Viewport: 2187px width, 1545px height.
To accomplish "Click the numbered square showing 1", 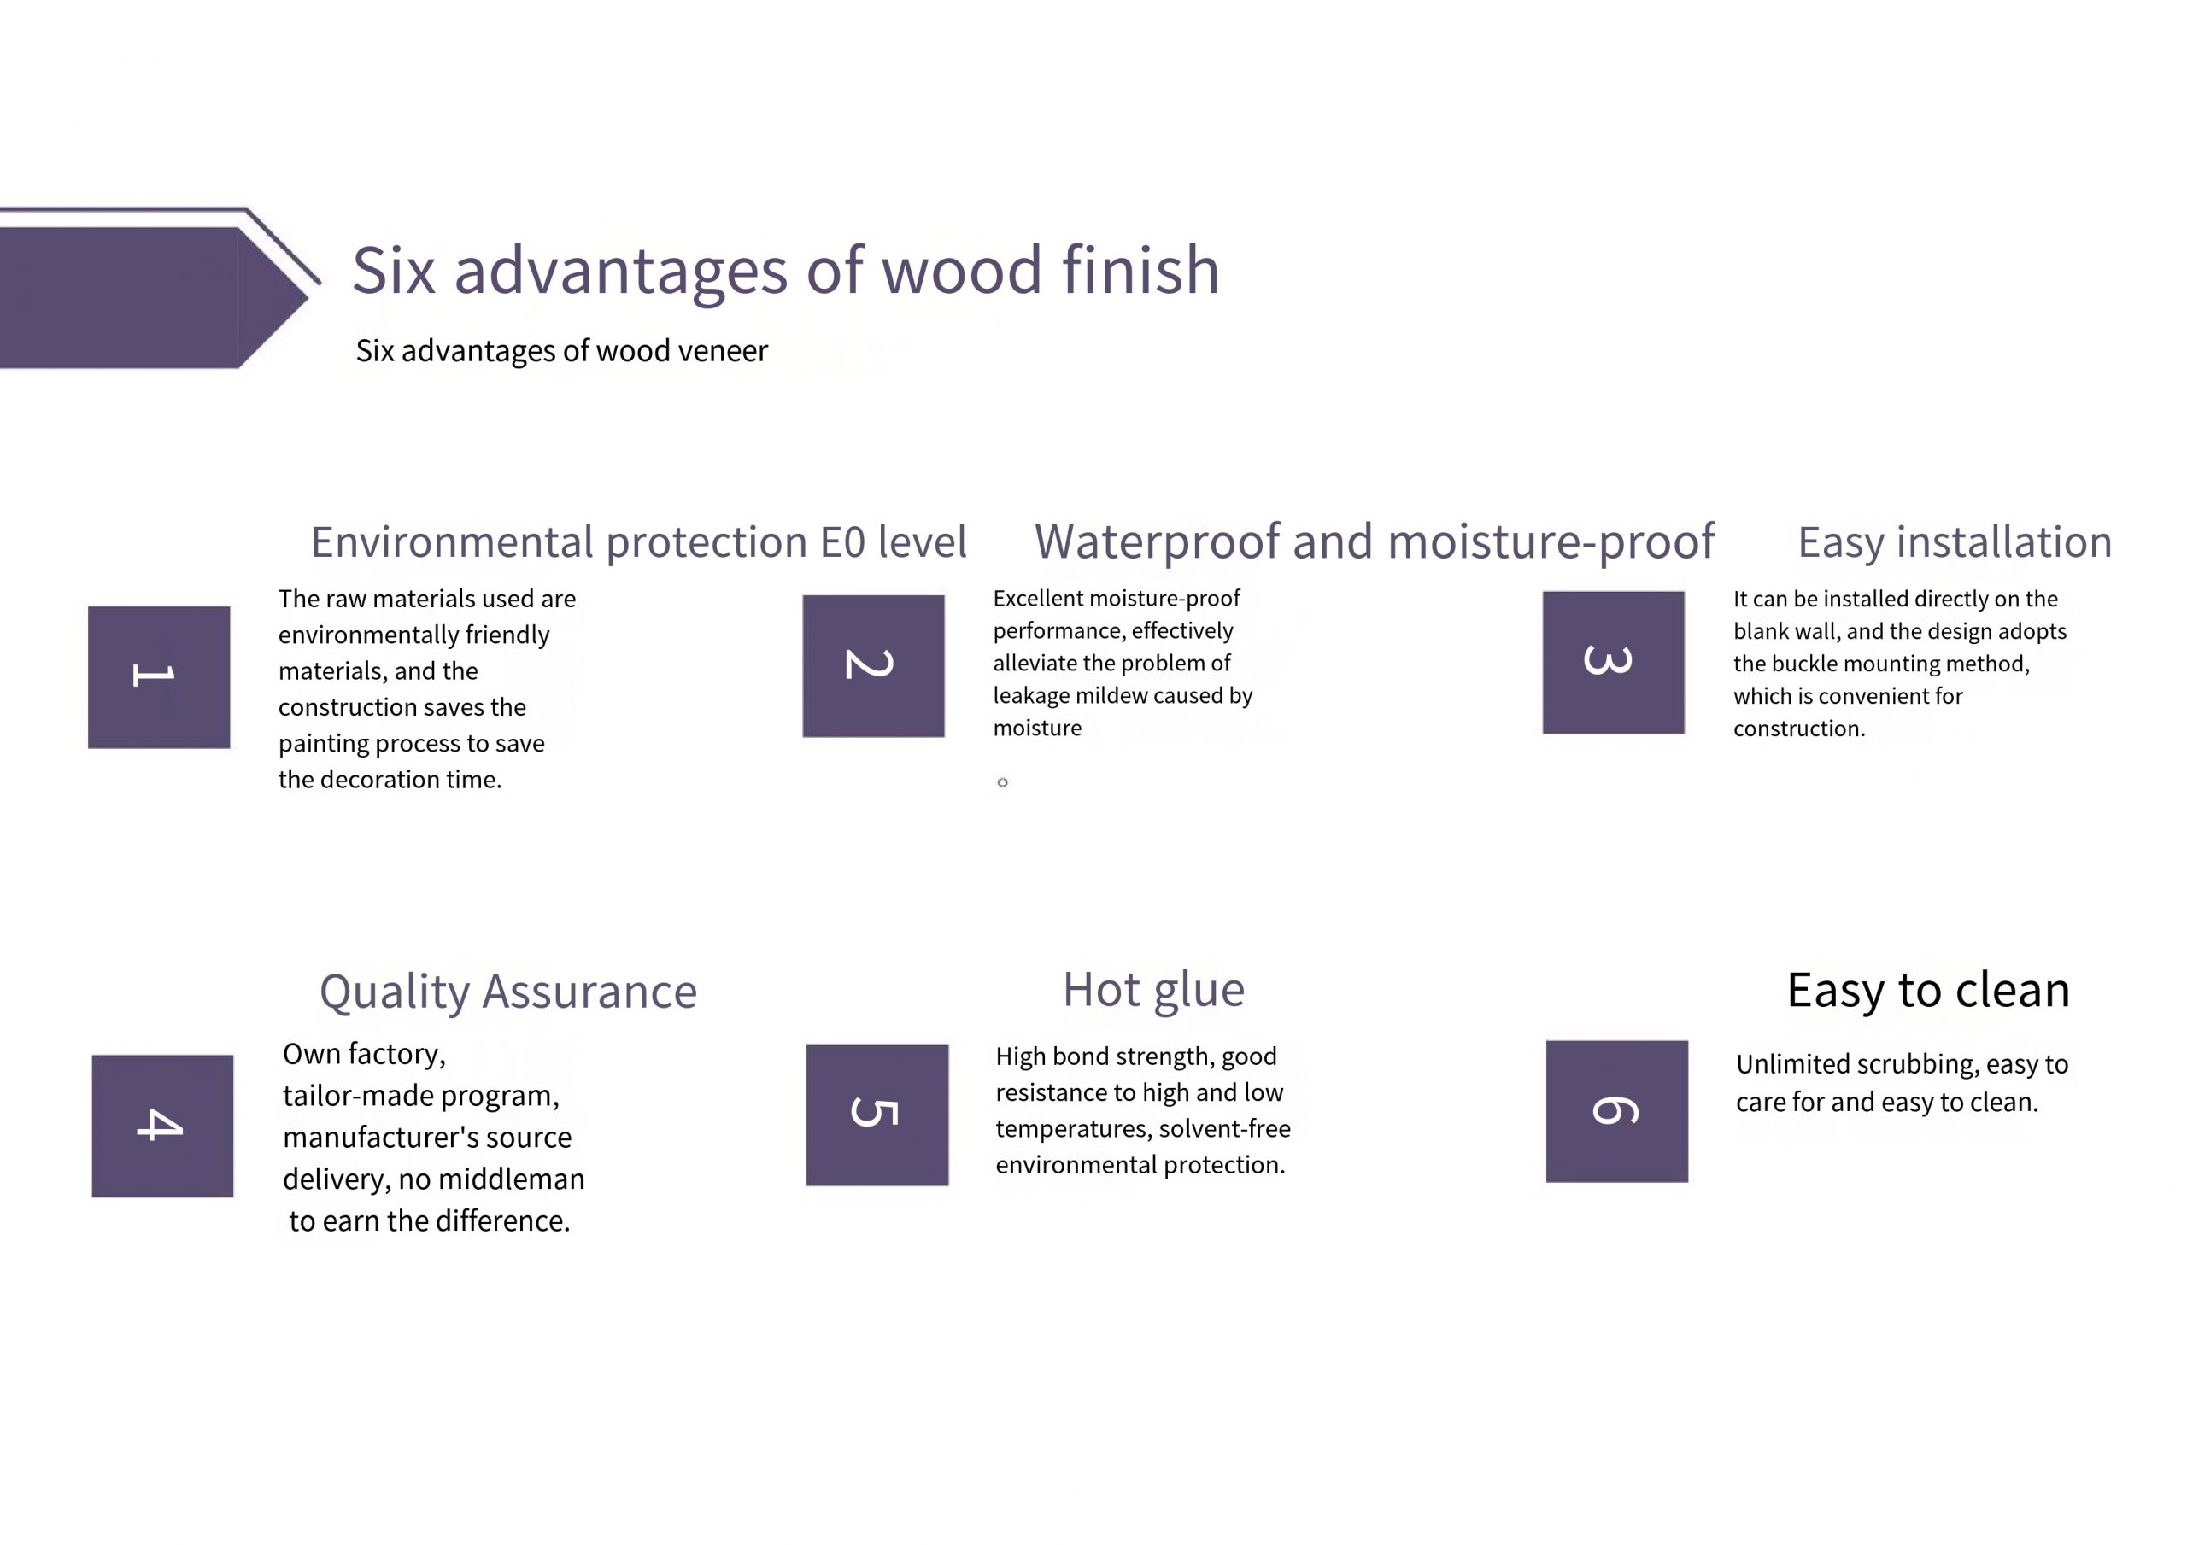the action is coord(159,677).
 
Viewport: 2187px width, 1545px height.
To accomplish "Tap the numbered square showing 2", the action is coord(873,666).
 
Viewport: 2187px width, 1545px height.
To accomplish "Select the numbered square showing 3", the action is coord(1614,662).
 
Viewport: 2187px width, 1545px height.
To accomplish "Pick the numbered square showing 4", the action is coord(163,1126).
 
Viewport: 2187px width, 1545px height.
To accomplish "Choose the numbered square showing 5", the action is coord(877,1115).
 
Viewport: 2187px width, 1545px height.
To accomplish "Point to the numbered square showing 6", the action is coord(1617,1112).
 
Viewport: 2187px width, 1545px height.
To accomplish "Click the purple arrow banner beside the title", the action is coord(157,289).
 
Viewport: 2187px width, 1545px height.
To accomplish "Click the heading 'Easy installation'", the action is coord(1955,542).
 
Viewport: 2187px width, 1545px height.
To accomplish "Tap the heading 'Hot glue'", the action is coord(1153,990).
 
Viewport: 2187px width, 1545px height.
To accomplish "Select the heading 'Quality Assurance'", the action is coord(507,992).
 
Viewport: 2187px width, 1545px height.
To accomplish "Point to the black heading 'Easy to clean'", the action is coord(1928,990).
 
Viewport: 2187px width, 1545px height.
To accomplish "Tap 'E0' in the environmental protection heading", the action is coord(842,542).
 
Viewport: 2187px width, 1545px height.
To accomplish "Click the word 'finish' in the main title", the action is coord(1140,270).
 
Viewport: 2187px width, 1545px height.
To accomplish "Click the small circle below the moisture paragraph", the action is coord(1002,783).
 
